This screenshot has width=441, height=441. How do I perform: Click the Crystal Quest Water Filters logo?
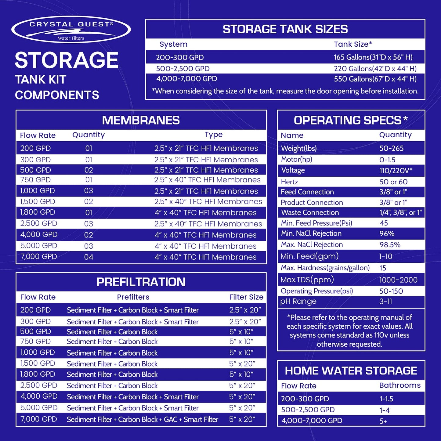tap(71, 30)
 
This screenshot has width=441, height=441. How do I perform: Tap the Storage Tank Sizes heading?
tap(285, 29)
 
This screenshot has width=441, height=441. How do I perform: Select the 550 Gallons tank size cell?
tap(375, 79)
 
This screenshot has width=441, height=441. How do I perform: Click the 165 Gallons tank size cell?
tap(373, 57)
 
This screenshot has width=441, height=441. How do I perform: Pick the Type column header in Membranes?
tap(214, 135)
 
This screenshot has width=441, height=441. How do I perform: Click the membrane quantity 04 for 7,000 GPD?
tap(89, 257)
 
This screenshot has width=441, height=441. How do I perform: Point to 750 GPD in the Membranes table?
tap(35, 180)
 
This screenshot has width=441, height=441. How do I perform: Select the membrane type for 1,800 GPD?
tap(205, 213)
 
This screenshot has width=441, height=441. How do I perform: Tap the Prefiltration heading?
tap(141, 282)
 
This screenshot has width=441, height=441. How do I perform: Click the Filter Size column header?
tap(246, 297)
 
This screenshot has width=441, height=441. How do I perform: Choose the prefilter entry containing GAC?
tap(143, 419)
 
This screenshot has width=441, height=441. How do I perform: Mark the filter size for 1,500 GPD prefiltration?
tap(242, 363)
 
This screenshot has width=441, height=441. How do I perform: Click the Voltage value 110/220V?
tap(396, 171)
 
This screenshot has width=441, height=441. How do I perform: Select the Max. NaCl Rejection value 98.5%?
tap(390, 245)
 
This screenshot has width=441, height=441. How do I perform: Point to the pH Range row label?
tap(298, 302)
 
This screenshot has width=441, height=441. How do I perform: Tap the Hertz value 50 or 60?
tap(393, 182)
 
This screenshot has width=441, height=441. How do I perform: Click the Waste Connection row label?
tap(310, 212)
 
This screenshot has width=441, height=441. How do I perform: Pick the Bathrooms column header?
tap(400, 385)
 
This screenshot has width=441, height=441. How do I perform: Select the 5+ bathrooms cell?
tap(383, 421)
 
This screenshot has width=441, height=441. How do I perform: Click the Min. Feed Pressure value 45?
tap(384, 223)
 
